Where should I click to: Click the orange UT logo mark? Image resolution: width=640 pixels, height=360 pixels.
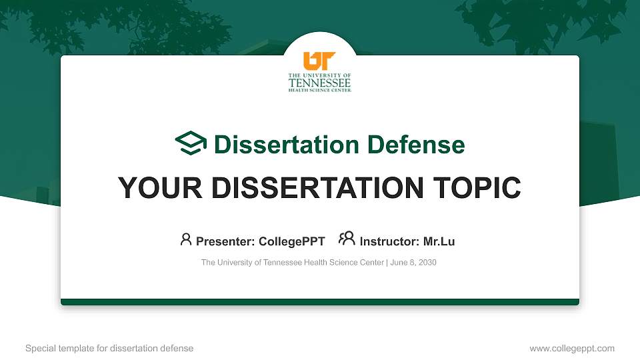[319, 61]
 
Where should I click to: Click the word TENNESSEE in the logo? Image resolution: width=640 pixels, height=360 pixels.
[319, 83]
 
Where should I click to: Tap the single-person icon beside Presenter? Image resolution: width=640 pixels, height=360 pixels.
[186, 239]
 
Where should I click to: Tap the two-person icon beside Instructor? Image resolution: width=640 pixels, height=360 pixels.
[347, 239]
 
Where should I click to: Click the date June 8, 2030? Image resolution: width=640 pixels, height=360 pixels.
[413, 263]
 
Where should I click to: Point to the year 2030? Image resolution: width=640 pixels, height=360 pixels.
[427, 263]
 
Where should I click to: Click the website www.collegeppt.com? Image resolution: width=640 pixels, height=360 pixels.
[571, 348]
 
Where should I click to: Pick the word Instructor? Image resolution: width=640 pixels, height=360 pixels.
[389, 241]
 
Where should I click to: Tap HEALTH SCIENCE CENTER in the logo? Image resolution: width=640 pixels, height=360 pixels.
[319, 90]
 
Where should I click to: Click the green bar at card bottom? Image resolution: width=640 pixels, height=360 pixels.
[320, 302]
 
